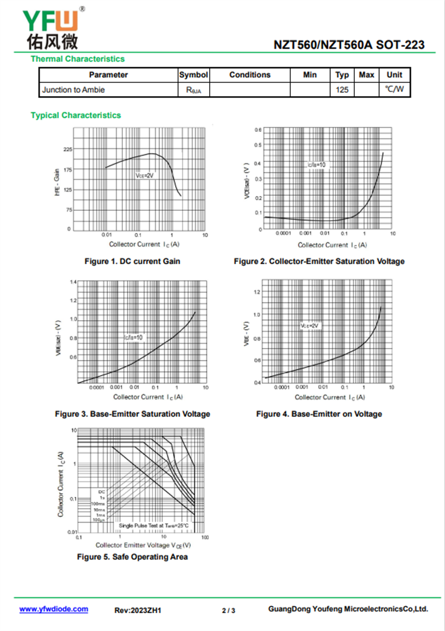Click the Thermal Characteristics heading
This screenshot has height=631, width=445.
point(77,59)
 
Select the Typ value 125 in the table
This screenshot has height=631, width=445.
point(342,90)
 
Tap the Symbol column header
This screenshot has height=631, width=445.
point(194,75)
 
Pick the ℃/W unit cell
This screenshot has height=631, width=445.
point(394,90)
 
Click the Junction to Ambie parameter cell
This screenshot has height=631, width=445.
point(73,90)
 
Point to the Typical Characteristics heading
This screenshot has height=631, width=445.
point(76,116)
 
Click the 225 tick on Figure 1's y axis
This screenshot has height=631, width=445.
point(67,150)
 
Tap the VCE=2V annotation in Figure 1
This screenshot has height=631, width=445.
point(144,175)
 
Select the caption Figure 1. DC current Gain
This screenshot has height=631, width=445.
point(132,261)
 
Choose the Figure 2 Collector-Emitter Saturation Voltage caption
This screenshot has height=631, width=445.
point(319,261)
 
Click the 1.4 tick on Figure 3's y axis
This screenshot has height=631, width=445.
point(73,282)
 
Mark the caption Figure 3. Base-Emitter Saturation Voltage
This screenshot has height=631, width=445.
point(132,414)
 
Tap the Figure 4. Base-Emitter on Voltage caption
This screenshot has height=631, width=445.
point(319,414)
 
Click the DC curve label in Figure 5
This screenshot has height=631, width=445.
point(101,492)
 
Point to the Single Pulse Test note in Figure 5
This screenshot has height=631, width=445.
point(154,525)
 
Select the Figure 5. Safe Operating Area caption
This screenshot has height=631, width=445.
point(132,557)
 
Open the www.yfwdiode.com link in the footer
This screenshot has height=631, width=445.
point(53,609)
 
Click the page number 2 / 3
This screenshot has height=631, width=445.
point(229,610)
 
